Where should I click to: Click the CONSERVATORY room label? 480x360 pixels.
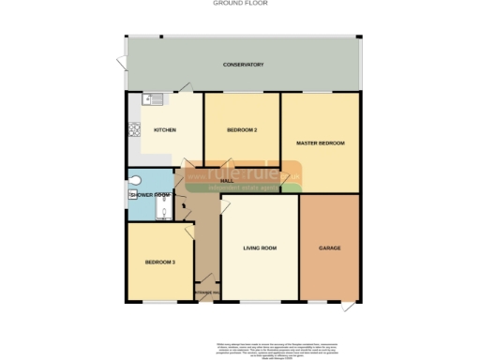point(243,65)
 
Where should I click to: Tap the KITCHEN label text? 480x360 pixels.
point(165,130)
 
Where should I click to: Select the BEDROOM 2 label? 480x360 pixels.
point(242,129)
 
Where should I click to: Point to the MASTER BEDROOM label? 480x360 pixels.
point(321,142)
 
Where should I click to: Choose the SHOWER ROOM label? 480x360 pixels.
point(149,195)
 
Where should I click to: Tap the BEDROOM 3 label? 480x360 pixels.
point(160,262)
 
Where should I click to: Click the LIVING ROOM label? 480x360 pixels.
point(260,247)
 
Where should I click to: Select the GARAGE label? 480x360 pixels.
point(329,247)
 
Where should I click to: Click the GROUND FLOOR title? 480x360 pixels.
point(240,4)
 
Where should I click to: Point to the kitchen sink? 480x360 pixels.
point(153,97)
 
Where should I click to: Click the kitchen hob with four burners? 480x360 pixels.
point(133,132)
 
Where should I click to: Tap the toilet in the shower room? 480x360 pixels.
point(137,179)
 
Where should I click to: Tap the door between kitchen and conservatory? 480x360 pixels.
point(187,86)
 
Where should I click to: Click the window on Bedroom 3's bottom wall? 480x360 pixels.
point(161,303)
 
